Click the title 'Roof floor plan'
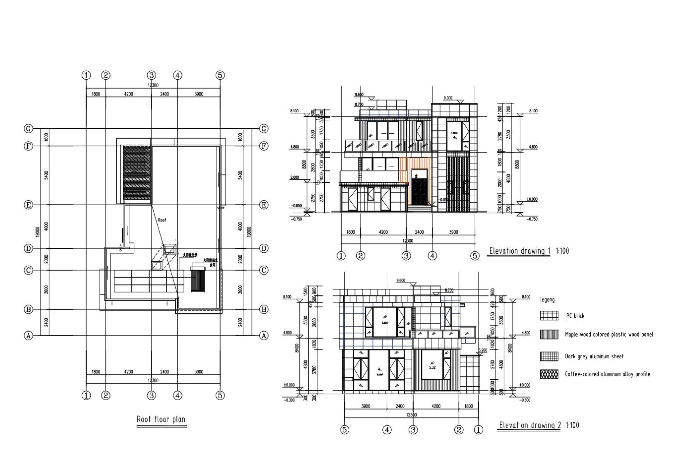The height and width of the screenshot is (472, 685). [x=161, y=419]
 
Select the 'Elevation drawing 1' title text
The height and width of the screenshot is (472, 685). [x=519, y=251]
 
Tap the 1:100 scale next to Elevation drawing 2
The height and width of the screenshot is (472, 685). [x=572, y=425]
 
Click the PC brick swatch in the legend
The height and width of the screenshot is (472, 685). [x=549, y=316]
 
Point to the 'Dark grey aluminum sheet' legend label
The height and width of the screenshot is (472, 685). [x=594, y=356]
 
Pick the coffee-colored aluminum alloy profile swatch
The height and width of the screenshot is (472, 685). [x=549, y=374]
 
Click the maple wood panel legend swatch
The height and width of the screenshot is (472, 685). [x=549, y=334]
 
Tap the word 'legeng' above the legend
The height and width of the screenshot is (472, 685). [x=547, y=300]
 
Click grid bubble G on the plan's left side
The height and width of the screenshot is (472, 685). [x=28, y=129]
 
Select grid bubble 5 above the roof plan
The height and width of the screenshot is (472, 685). [x=220, y=75]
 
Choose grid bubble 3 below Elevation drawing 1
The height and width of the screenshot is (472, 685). [x=406, y=256]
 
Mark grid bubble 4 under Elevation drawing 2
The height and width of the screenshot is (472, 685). [x=387, y=430]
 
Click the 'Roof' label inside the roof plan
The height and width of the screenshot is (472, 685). [x=162, y=220]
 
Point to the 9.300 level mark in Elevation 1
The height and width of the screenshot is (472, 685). [x=448, y=98]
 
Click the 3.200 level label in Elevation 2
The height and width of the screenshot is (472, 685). [x=483, y=350]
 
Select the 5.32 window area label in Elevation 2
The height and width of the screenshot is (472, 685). [x=432, y=367]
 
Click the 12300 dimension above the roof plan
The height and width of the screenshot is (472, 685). [x=153, y=85]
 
